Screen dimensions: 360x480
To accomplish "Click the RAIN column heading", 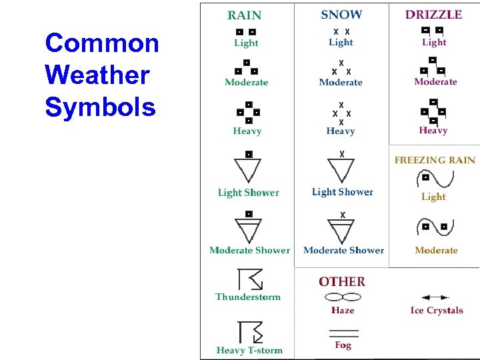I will pos(245,15).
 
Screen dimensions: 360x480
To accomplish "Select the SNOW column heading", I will pos(341,15).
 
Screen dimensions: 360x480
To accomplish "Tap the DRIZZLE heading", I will pos(433,15).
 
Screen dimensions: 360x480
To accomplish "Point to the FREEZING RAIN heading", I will pos(435,160).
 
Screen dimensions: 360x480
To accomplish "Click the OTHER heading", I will pos(341,282).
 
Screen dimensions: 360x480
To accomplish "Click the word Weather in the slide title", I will pos(97,75).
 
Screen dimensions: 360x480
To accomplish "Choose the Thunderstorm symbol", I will pos(249,279).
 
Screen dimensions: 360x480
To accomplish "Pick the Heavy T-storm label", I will pos(249,350).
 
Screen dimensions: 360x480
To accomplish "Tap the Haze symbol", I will pos(342,297).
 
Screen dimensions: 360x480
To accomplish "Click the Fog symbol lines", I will pos(343,331).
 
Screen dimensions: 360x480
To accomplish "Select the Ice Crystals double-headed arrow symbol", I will pos(435,297).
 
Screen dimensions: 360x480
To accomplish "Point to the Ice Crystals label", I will pos(436,310).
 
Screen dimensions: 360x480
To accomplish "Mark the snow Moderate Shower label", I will pos(343,251).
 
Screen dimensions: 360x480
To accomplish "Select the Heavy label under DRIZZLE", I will pos(433,131).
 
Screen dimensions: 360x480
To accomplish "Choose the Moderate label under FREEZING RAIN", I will pos(436,251).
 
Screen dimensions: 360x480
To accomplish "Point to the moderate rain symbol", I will pos(246,67).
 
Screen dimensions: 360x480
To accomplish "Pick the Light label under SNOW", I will pos(341,43).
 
